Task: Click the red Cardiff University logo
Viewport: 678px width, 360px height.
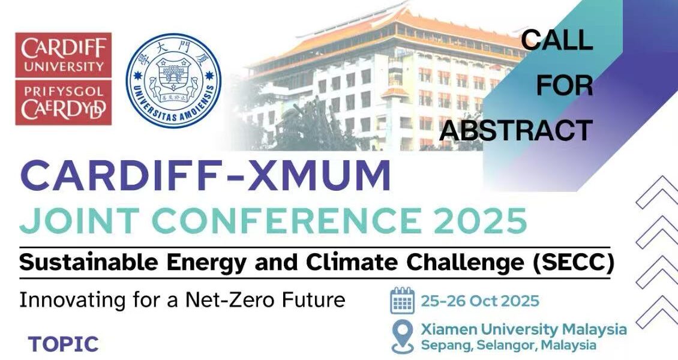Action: (64, 79)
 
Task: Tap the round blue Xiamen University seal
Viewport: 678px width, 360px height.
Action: (173, 81)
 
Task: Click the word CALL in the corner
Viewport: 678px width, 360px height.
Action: (556, 40)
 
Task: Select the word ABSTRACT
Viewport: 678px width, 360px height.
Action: (516, 130)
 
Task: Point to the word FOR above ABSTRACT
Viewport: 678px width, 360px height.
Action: (565, 85)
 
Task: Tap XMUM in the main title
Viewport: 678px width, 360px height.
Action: (319, 175)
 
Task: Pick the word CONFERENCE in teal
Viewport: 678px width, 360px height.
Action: (286, 220)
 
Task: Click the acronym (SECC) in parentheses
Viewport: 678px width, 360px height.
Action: (574, 263)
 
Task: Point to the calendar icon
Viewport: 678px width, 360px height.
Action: (402, 301)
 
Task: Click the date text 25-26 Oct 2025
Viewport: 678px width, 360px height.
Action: (480, 301)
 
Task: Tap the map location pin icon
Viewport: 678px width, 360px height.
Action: (403, 337)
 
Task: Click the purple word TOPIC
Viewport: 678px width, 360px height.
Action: (64, 344)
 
